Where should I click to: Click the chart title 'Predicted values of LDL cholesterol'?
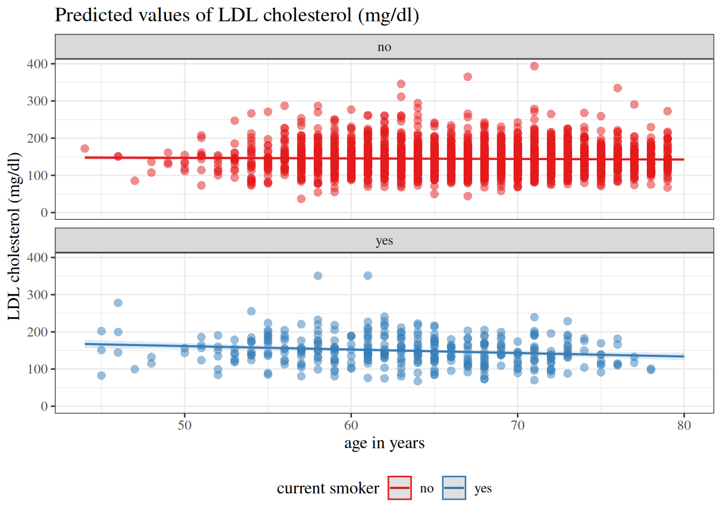(x=236, y=15)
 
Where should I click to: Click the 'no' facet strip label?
(x=384, y=47)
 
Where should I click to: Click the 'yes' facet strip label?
(x=384, y=241)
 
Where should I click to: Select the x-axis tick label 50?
(x=184, y=425)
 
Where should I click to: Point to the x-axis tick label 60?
(x=351, y=425)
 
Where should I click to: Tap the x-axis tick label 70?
(x=517, y=425)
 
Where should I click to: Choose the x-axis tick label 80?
(x=684, y=425)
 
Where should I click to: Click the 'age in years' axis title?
(x=384, y=443)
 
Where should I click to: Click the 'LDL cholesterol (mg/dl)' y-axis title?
(x=14, y=236)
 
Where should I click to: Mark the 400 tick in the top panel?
(x=37, y=64)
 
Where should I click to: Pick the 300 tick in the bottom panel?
(x=37, y=295)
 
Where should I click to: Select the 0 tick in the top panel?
(x=44, y=213)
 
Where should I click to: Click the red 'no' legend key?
(x=400, y=488)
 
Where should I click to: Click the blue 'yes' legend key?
(x=454, y=488)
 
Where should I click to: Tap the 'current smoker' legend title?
(x=328, y=489)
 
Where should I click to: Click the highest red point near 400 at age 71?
(x=534, y=66)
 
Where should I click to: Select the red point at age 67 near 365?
(x=467, y=77)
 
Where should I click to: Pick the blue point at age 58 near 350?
(x=317, y=276)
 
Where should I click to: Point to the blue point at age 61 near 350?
(x=367, y=276)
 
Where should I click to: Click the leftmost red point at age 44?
(x=84, y=148)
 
